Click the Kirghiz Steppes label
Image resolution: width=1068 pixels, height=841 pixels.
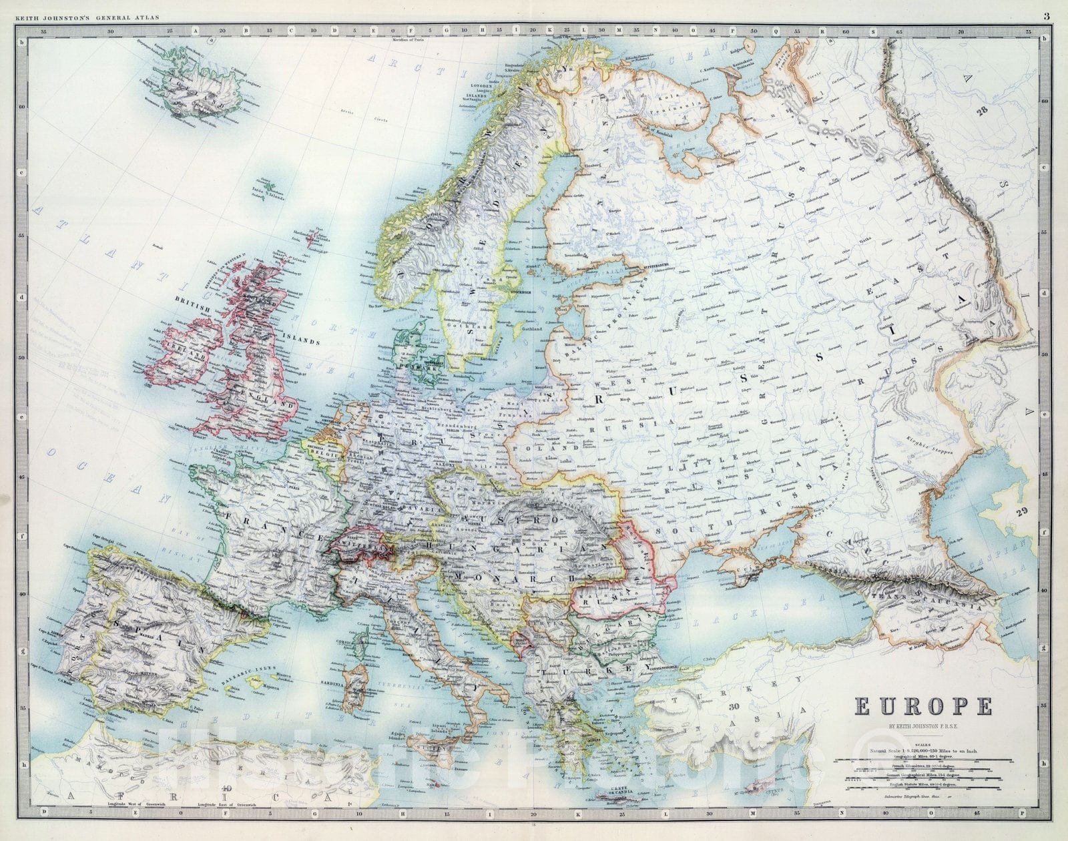941,443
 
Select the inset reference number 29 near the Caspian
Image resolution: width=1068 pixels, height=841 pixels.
1019,512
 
